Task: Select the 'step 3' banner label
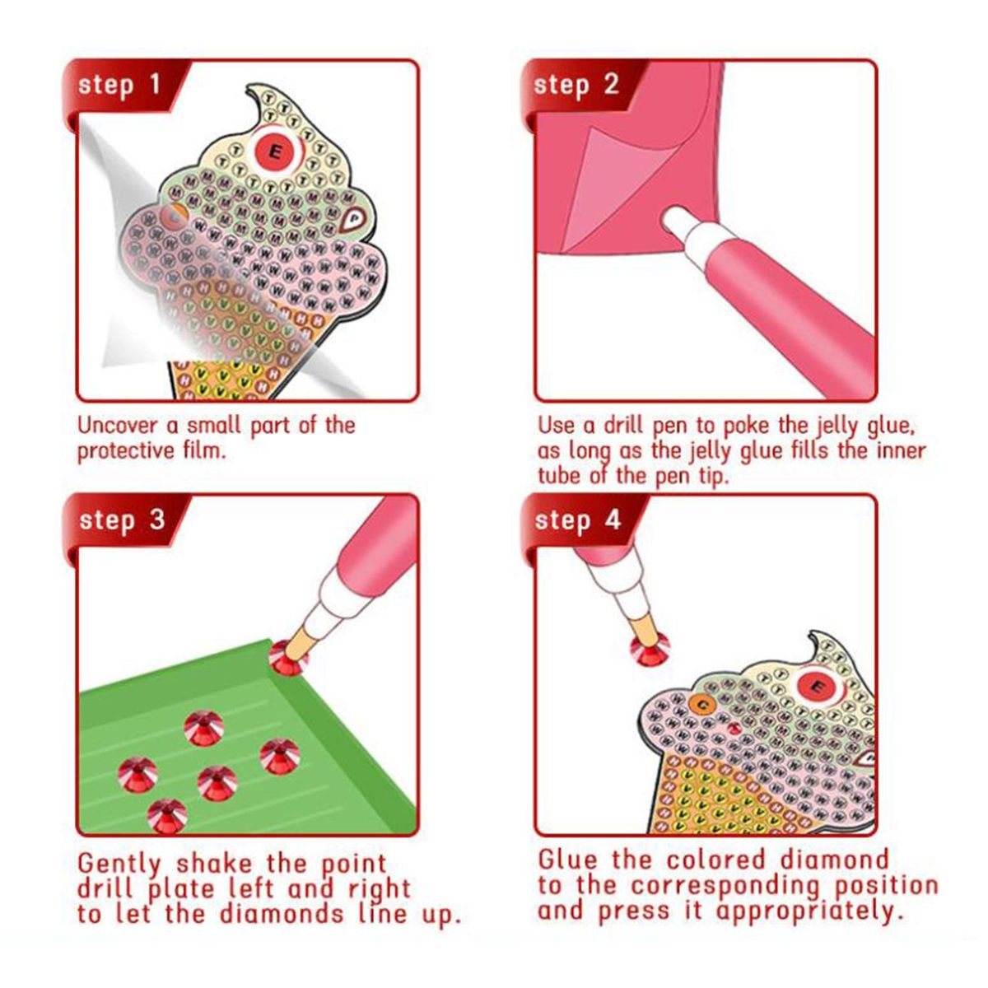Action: click(x=122, y=521)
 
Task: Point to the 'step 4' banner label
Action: click(x=578, y=521)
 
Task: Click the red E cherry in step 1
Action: click(x=275, y=151)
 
